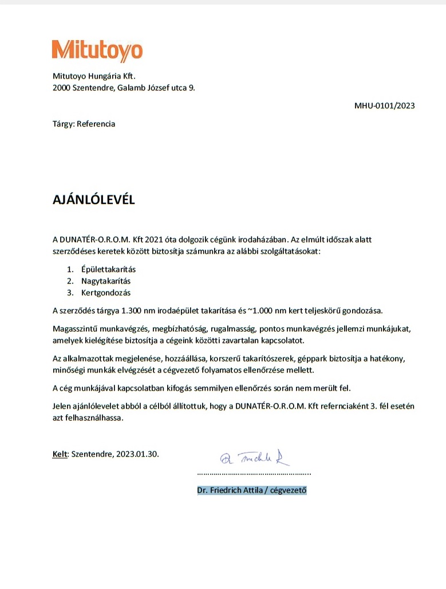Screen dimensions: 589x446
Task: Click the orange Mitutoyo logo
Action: [97, 50]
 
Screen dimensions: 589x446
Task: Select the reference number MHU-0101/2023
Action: [385, 105]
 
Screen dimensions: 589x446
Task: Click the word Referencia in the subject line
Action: [96, 124]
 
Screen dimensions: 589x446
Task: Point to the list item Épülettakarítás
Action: [104, 269]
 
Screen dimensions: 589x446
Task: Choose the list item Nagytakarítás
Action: [102, 281]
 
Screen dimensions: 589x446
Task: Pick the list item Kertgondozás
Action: [101, 293]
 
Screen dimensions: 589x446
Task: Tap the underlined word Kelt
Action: [60, 454]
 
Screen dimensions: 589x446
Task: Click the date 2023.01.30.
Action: [137, 454]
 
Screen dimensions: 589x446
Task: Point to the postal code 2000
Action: [61, 88]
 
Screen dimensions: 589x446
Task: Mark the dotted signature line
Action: [254, 474]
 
